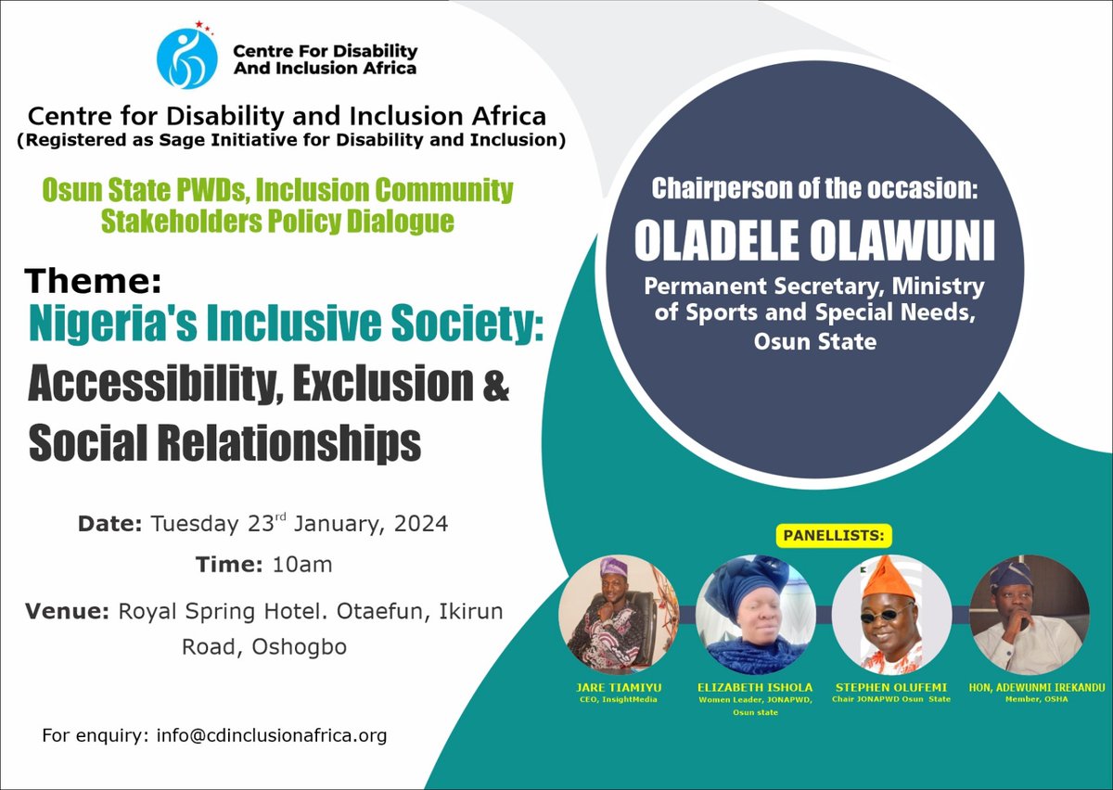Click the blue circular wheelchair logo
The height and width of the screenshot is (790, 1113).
tap(186, 58)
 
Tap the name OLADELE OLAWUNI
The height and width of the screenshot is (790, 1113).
tap(814, 241)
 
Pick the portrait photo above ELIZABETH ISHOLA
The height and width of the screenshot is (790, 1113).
tap(756, 613)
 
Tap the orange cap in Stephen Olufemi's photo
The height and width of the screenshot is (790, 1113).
tap(888, 577)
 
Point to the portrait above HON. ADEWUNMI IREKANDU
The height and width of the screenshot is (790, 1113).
tap(1030, 613)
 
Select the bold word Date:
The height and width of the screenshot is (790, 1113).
tap(109, 524)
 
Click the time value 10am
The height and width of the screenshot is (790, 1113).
tap(302, 564)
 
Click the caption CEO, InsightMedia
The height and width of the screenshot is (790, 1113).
tap(617, 699)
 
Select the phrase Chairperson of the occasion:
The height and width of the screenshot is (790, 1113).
tap(814, 188)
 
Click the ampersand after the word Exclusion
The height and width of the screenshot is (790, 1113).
tap(497, 386)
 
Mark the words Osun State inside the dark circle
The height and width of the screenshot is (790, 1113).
tap(814, 341)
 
